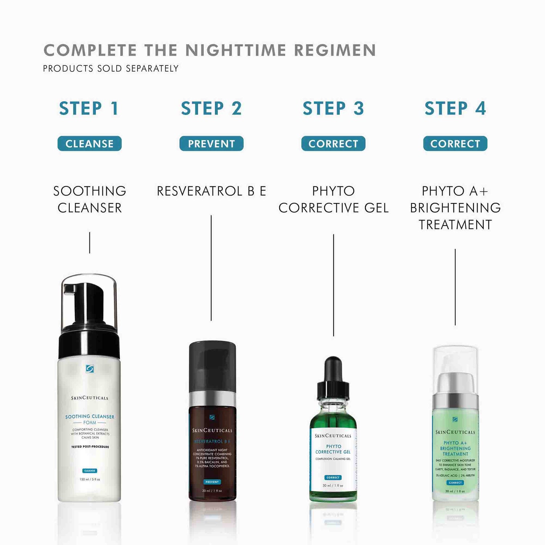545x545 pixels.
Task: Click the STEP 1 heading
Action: point(89,109)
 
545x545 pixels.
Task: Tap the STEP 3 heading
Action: point(333,109)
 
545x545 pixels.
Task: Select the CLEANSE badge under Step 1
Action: point(89,144)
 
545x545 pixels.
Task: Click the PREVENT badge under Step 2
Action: point(211,144)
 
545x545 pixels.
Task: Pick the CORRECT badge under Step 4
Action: point(455,144)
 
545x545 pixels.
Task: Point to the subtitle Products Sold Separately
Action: point(111,68)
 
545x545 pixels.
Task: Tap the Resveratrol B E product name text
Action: point(211,191)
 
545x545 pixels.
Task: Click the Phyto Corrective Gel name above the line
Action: point(333,199)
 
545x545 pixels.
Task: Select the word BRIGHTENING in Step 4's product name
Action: point(455,208)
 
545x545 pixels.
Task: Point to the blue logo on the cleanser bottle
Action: point(90,369)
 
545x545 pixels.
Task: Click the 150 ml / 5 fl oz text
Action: point(90,479)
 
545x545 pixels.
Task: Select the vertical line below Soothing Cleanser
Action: point(90,242)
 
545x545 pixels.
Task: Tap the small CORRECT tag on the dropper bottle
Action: point(333,477)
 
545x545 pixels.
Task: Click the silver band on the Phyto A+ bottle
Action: point(455,402)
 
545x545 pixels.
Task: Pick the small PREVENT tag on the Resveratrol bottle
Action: point(212,482)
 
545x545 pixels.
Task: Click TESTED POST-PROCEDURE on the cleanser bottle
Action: point(90,447)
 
